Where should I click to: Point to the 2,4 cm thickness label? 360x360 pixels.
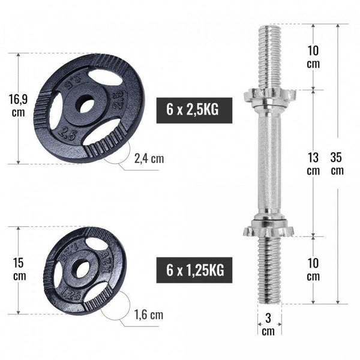pos(148,159)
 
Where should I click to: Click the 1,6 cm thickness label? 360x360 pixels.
pos(148,314)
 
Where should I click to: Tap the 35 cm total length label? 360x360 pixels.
pos(337,164)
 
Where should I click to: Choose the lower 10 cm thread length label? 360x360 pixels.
pos(313,270)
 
